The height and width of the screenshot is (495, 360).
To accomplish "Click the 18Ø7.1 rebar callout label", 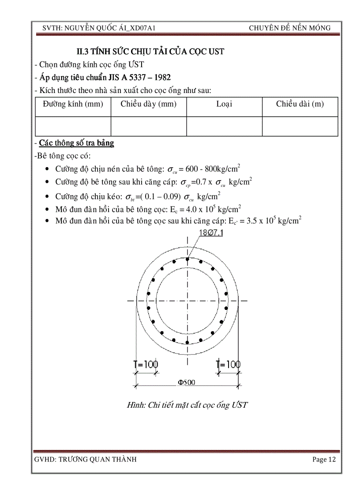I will tap(211, 233).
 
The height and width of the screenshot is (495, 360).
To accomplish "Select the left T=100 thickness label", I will tap(146, 365).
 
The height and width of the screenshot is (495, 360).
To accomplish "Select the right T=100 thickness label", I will tap(228, 365).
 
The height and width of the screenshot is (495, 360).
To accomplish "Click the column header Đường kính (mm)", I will tap(73, 104).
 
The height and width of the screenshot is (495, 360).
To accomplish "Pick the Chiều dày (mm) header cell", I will tap(148, 104).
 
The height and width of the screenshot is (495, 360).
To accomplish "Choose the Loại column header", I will tap(224, 104).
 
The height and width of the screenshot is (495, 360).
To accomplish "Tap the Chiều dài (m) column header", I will tap(300, 104).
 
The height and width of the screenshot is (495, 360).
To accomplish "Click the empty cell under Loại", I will tap(224, 126).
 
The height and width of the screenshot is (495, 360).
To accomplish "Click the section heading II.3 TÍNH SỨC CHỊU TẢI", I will tap(150, 52).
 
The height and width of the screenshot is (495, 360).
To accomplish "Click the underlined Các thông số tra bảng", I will tap(76, 143).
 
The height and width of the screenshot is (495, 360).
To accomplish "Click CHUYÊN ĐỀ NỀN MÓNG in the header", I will tap(289, 28).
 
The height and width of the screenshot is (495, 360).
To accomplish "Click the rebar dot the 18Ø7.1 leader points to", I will tap(187, 259).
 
